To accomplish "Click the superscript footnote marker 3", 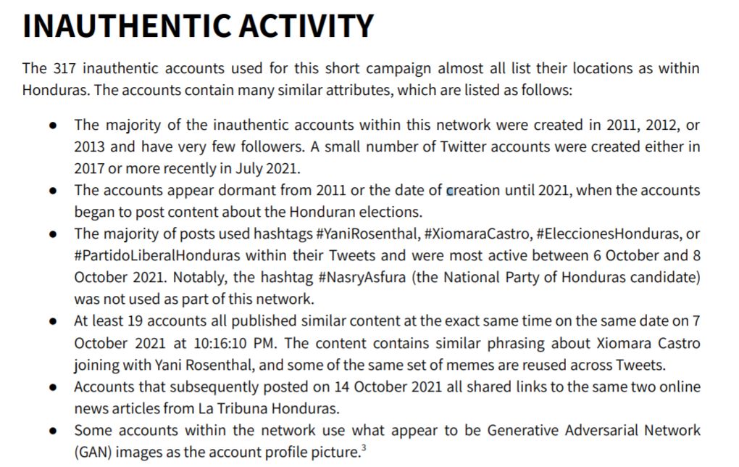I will click(362, 448).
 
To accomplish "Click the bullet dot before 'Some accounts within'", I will click(54, 431).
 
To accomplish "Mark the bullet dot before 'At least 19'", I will click(54, 321).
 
